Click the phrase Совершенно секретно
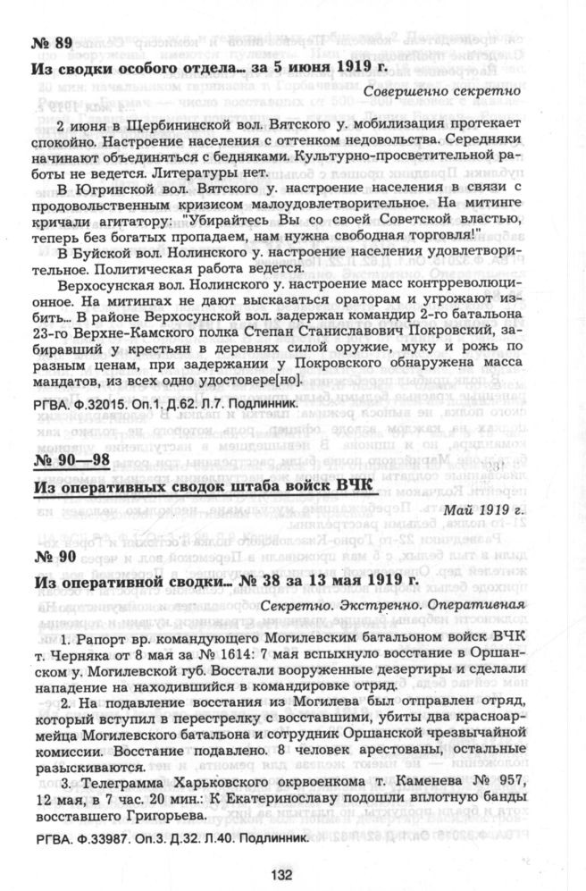click(439, 91)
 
